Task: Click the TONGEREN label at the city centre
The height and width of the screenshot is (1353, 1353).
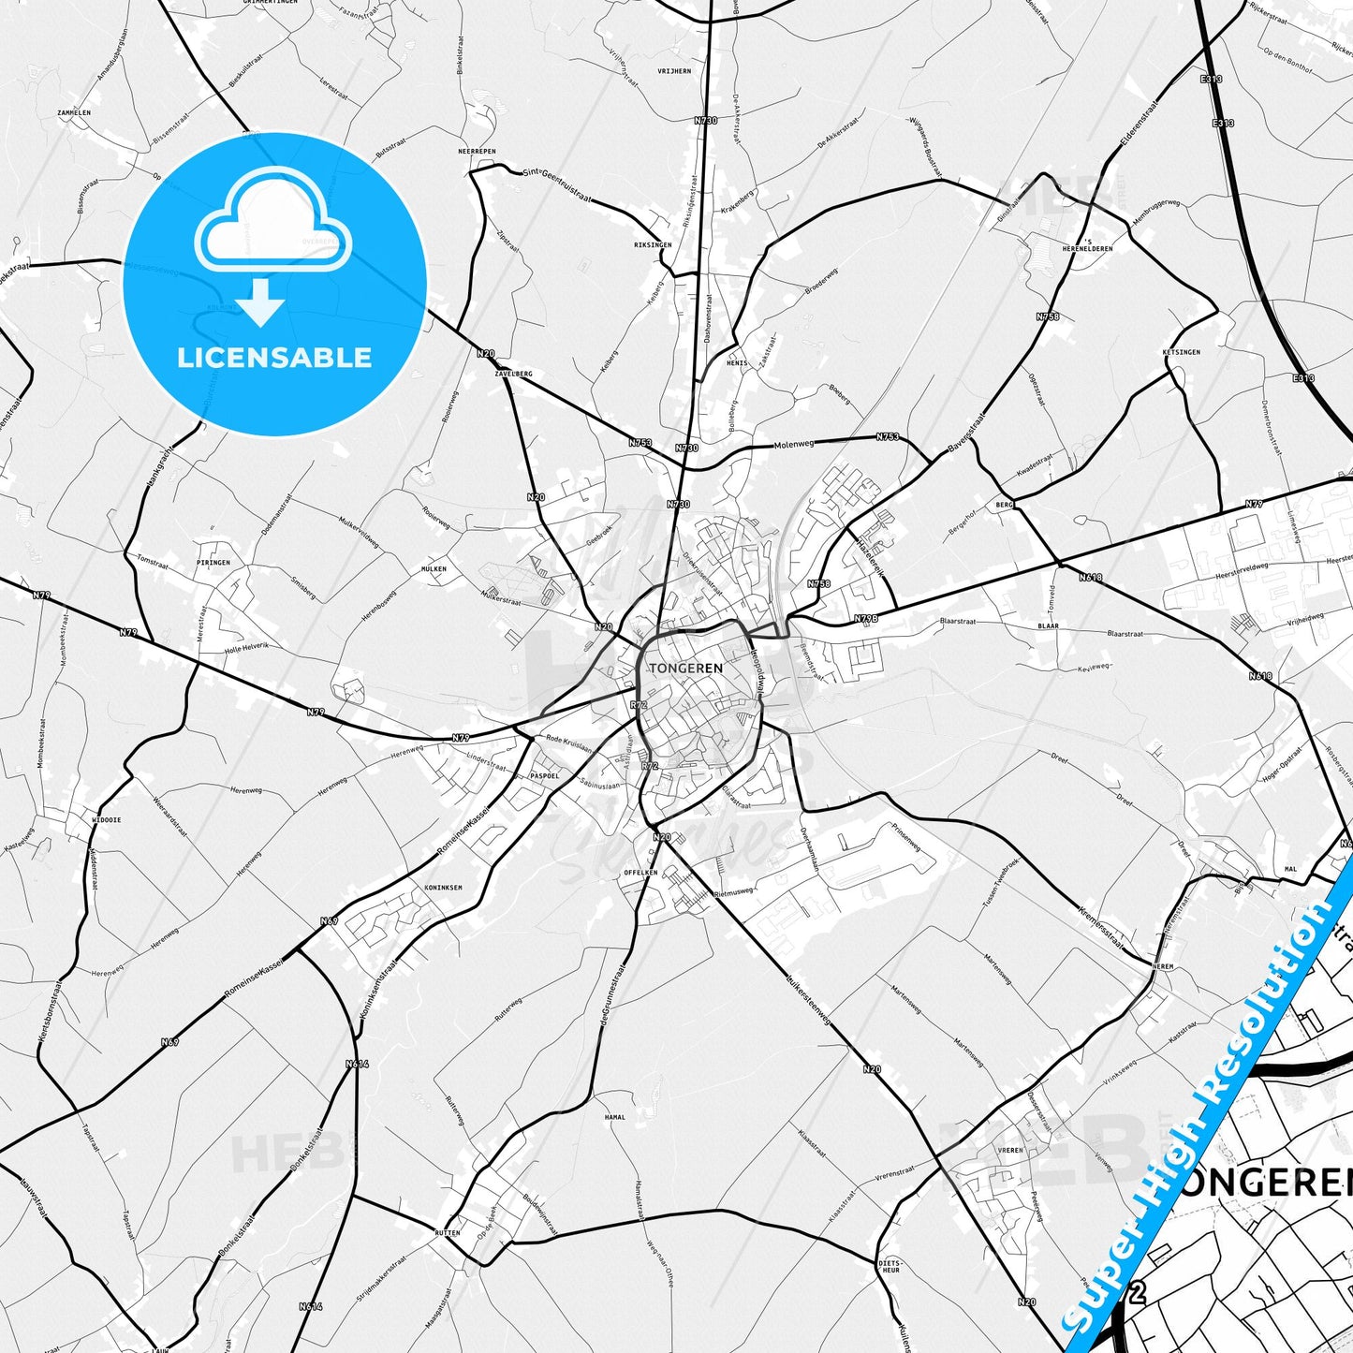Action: click(x=685, y=668)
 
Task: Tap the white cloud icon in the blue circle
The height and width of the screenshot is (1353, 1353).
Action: click(x=273, y=223)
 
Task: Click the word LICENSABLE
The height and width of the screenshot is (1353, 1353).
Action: click(x=274, y=358)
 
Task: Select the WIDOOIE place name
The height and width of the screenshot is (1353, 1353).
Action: click(x=106, y=819)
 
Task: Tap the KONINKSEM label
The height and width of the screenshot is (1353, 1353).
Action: click(x=443, y=887)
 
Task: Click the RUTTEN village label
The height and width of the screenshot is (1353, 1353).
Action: click(x=447, y=1233)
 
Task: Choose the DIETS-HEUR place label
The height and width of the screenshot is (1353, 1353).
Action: click(x=890, y=1266)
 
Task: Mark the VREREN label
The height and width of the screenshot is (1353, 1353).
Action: click(x=1009, y=1150)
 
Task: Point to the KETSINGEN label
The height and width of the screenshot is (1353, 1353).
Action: click(x=1181, y=352)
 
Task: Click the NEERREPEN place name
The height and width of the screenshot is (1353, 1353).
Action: click(x=477, y=151)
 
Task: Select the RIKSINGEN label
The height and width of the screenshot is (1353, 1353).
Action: click(x=653, y=245)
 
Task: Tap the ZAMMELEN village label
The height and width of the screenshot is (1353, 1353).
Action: click(x=74, y=112)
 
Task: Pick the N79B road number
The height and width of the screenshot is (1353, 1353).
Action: click(x=866, y=619)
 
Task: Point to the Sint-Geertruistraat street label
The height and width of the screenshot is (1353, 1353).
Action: click(x=557, y=184)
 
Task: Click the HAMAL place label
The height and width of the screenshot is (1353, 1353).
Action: click(x=614, y=1117)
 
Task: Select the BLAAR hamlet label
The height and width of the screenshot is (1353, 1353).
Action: click(x=1048, y=625)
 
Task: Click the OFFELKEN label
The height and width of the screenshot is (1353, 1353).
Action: click(x=640, y=872)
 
